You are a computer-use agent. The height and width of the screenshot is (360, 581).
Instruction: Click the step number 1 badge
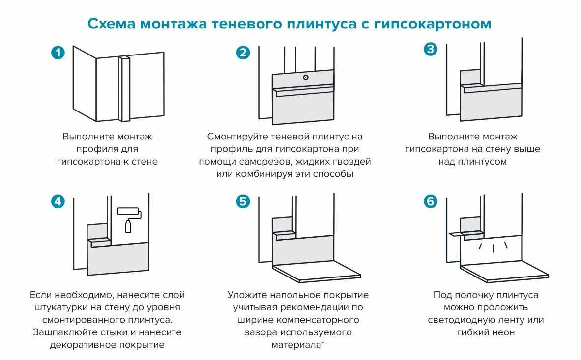[x=58, y=53]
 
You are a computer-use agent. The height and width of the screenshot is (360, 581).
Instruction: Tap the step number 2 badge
[x=243, y=53]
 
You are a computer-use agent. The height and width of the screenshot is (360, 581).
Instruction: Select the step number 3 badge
[x=430, y=49]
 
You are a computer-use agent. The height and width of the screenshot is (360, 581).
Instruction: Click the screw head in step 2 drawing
[x=306, y=77]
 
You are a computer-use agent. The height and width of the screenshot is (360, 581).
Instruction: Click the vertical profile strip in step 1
[x=124, y=88]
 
